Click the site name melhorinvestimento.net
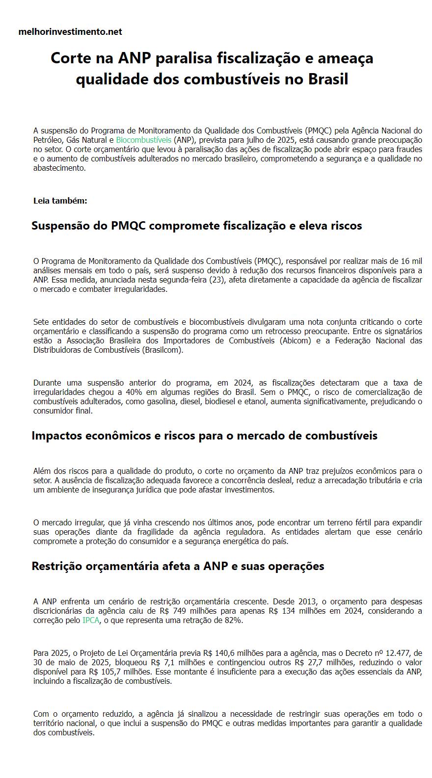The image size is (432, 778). click(70, 32)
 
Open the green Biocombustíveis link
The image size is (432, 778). click(144, 140)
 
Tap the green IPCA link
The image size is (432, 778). click(91, 620)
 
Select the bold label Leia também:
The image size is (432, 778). click(60, 201)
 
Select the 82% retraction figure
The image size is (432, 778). click(234, 620)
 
